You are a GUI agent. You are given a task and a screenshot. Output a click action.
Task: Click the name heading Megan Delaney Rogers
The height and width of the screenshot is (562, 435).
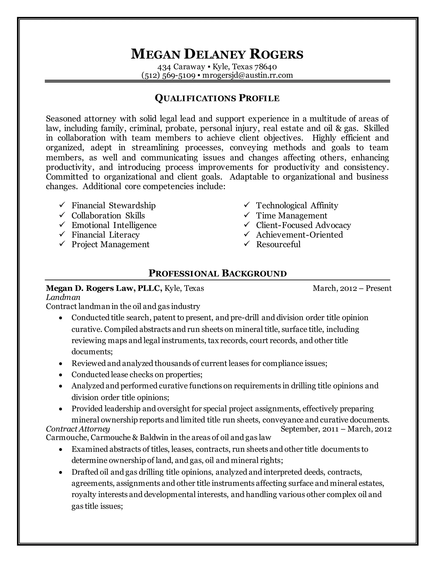pos(217,55)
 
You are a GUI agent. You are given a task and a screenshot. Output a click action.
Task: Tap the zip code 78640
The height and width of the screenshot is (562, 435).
pos(266,67)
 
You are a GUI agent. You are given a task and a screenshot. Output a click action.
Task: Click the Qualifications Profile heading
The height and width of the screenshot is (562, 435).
pos(217,98)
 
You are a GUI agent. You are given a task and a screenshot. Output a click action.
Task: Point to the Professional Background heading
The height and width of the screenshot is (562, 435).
pos(217,273)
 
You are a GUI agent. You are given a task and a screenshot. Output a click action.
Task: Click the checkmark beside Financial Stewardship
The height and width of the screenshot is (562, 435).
pos(62,205)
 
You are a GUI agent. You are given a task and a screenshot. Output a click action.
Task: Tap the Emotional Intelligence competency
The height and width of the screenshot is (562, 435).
pos(114,225)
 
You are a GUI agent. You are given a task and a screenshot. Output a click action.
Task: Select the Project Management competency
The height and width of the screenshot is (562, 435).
pos(110,244)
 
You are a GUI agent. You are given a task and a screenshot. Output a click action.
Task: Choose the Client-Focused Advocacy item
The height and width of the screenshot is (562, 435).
pos(303,225)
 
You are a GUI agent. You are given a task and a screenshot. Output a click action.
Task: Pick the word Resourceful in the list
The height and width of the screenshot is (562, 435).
pos(278,244)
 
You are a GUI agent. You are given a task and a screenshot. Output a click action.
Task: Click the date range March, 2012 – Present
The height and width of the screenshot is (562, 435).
pos(352,288)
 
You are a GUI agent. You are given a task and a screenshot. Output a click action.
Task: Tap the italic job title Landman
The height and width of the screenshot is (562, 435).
pos(63,298)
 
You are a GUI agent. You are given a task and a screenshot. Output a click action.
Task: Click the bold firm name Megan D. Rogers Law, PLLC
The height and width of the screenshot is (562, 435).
pos(104,288)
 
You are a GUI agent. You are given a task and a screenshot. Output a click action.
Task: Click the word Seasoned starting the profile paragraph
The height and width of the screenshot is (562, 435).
pos(63,119)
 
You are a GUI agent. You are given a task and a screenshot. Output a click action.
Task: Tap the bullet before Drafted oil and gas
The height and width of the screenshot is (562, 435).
pos(61,473)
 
